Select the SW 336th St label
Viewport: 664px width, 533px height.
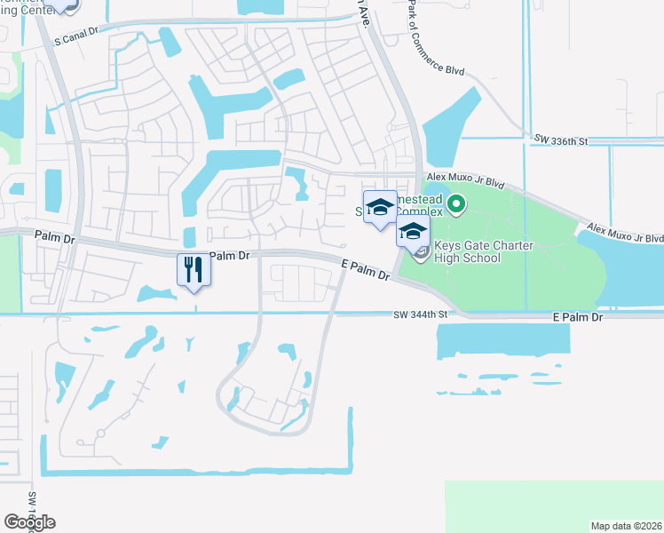(562, 140)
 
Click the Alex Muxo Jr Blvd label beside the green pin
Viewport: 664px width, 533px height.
(465, 180)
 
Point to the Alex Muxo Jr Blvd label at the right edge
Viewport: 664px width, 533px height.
(631, 238)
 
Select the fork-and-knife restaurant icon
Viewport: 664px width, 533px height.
(194, 268)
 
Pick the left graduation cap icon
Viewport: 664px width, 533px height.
(379, 207)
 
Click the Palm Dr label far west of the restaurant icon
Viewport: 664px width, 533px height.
(56, 235)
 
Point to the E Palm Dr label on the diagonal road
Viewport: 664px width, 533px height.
(366, 269)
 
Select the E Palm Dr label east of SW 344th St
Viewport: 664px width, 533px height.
(577, 317)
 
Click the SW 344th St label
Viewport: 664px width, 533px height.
(421, 314)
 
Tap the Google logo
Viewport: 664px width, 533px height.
(29, 521)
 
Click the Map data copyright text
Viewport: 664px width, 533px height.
(625, 526)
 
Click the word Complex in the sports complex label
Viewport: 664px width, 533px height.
(418, 212)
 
